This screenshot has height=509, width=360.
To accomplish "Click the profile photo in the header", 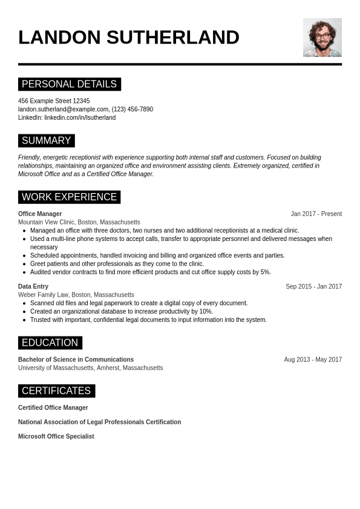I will (322, 38).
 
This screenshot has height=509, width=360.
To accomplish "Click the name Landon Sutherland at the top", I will (129, 38).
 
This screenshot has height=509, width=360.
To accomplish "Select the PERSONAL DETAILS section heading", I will (69, 84).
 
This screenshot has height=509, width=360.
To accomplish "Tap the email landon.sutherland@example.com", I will (63, 110).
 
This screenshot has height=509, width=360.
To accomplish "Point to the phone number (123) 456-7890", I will (133, 110).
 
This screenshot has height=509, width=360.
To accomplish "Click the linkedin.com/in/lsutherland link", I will (80, 118).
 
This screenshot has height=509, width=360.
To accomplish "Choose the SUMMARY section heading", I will (46, 140).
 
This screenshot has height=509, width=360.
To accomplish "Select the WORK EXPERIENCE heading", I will (69, 197).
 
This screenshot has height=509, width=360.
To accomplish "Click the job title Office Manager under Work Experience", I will (40, 214).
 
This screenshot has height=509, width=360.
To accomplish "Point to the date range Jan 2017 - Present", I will (316, 214).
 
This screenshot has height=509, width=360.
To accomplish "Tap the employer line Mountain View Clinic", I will (79, 222).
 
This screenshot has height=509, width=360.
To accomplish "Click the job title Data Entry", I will (33, 286).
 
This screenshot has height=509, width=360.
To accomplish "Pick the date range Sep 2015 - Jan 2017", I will (313, 286).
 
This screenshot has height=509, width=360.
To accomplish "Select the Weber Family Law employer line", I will (76, 295).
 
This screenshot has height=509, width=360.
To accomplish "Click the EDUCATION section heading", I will (50, 343).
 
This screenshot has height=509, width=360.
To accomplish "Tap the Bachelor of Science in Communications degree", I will (76, 360).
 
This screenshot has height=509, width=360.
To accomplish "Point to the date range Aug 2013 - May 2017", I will (313, 360).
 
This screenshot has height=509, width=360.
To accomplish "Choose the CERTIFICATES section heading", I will (56, 390).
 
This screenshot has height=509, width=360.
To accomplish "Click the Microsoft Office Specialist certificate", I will (56, 436).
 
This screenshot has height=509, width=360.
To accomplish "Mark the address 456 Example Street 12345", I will (54, 101).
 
